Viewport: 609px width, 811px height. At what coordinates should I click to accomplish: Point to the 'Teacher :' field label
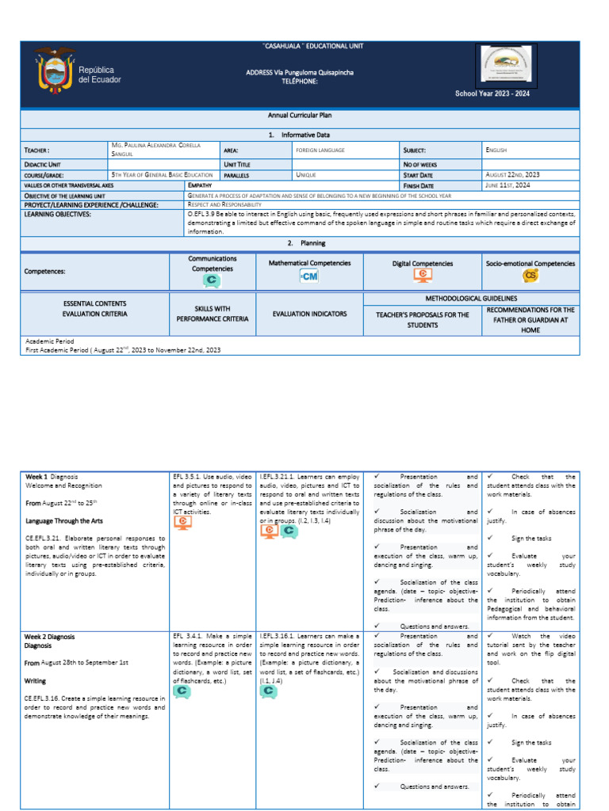[37, 150]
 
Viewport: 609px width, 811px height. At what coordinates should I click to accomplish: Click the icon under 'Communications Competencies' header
[212, 280]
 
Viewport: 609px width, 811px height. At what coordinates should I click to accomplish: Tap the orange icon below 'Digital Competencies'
[423, 276]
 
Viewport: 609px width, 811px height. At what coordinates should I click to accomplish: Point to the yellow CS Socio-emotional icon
[530, 276]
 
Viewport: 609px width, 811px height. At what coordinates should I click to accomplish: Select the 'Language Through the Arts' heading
[61, 521]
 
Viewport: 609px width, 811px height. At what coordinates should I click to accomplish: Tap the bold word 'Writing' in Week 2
[36, 680]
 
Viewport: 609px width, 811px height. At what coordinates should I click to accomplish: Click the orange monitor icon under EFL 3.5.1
[183, 524]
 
